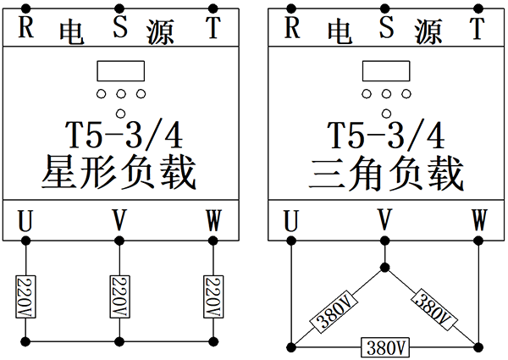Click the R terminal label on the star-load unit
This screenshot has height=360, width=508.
(26, 28)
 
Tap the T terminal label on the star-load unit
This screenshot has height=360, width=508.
(213, 28)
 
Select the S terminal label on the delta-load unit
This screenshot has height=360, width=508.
(387, 27)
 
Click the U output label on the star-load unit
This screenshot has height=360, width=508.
(26, 222)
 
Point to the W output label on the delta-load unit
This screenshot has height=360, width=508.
(479, 222)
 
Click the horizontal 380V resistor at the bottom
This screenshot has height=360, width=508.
(385, 347)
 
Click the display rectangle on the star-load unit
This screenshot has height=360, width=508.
(120, 72)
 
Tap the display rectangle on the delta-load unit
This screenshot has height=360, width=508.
(385, 72)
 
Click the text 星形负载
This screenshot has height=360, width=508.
(119, 173)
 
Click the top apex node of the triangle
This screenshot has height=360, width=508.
(385, 268)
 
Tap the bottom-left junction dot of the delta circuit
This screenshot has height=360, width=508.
(291, 346)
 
